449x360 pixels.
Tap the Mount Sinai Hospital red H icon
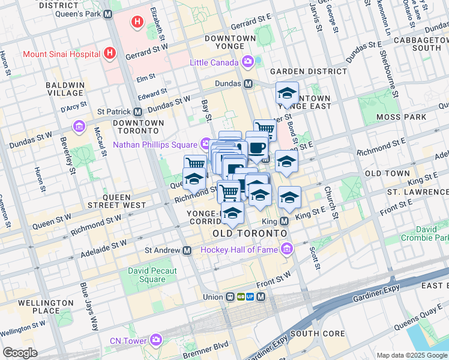click(x=109, y=53)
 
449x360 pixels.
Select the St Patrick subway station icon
click(x=137, y=112)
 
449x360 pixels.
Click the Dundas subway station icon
click(x=248, y=83)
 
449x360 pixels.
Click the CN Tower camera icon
click(x=156, y=340)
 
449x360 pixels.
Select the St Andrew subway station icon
click(x=187, y=250)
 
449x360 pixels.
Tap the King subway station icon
click(x=285, y=221)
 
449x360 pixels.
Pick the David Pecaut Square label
click(x=152, y=275)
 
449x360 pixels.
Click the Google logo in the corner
click(x=20, y=353)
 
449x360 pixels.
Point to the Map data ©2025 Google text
click(x=411, y=355)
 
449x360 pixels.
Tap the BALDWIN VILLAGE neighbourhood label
click(x=65, y=89)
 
